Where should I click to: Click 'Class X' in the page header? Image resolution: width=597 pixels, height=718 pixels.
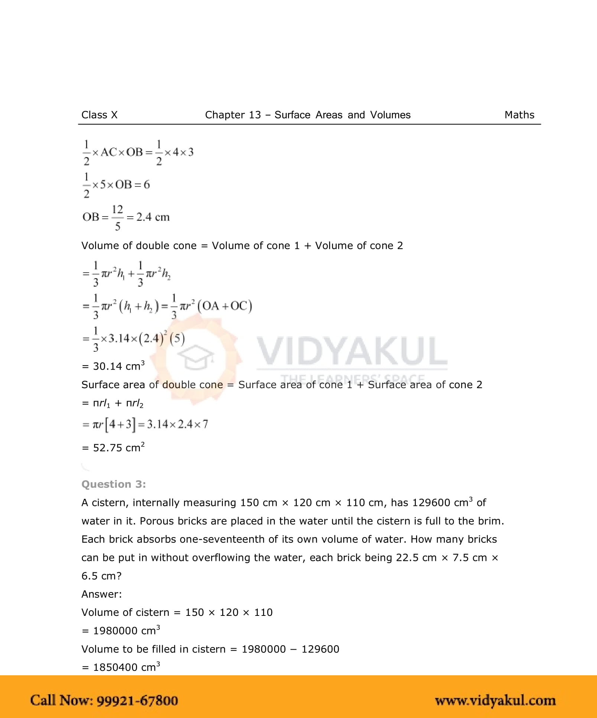click(x=99, y=115)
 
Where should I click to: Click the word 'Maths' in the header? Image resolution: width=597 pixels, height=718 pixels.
click(x=519, y=115)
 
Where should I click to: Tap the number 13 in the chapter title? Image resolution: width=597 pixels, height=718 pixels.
click(x=255, y=115)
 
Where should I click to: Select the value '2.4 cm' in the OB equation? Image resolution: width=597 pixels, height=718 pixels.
click(x=153, y=217)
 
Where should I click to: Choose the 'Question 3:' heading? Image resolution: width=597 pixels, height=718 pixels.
click(x=114, y=484)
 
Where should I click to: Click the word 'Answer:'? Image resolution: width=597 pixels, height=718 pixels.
click(x=101, y=594)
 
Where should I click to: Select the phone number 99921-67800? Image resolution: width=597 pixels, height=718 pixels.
click(x=137, y=701)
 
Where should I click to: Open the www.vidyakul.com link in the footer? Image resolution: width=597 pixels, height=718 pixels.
click(x=495, y=701)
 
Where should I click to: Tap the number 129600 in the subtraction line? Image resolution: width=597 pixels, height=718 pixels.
click(x=320, y=649)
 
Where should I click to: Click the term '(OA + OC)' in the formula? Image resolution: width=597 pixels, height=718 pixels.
click(x=225, y=306)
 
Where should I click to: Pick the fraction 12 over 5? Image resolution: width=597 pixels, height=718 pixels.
click(x=117, y=217)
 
